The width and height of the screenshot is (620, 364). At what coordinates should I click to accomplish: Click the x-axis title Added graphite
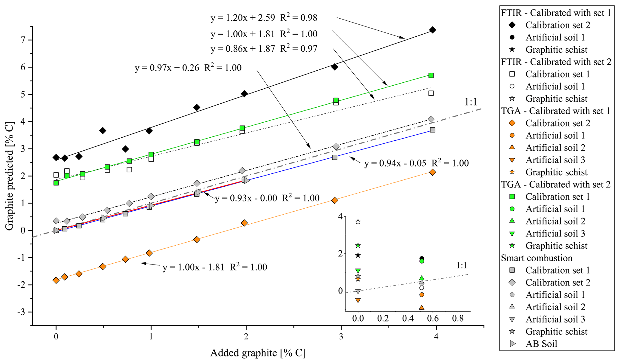tap(258, 353)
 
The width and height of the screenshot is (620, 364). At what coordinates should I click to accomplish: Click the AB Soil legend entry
tap(541, 344)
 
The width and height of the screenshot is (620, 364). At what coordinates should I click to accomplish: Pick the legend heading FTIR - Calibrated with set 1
tap(556, 13)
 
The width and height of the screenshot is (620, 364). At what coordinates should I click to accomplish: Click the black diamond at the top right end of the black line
tap(433, 30)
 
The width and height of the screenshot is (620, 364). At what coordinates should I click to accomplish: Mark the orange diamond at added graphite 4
tap(433, 172)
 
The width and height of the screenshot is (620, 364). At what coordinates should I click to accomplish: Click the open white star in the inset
tap(358, 222)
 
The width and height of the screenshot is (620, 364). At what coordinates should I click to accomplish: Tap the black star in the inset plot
tap(358, 255)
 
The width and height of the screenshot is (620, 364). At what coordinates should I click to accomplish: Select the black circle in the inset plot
tap(421, 258)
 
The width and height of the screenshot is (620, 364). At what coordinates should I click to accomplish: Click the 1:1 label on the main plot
tap(471, 102)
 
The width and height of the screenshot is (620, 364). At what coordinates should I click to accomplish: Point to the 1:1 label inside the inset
tap(462, 265)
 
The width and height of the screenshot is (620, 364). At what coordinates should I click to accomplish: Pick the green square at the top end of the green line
tap(431, 75)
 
